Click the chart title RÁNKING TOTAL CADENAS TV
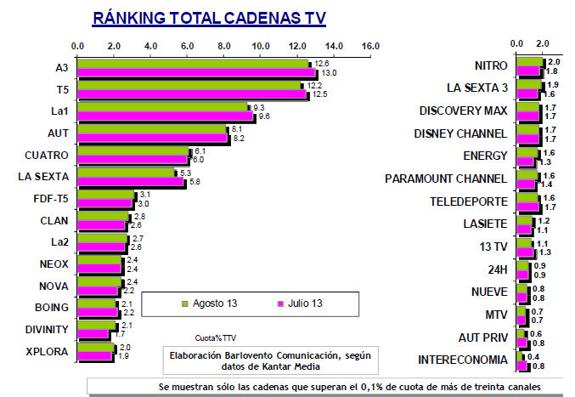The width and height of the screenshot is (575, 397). point(208,18)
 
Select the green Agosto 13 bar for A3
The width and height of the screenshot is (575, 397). point(194,64)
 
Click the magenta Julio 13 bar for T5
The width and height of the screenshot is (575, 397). point(193,94)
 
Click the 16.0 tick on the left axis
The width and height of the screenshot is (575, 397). point(369,45)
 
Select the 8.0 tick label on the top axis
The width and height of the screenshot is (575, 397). point(224,45)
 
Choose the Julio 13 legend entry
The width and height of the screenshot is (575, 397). point(301,303)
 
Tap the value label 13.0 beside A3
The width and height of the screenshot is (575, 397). point(328,73)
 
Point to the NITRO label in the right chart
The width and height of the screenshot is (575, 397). point(490,66)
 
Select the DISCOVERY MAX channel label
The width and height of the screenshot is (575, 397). point(464,111)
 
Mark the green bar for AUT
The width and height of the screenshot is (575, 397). point(153,130)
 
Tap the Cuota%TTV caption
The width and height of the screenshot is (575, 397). point(213,337)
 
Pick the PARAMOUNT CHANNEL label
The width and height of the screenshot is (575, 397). point(446,179)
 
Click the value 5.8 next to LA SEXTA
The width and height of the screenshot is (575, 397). point(194,182)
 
